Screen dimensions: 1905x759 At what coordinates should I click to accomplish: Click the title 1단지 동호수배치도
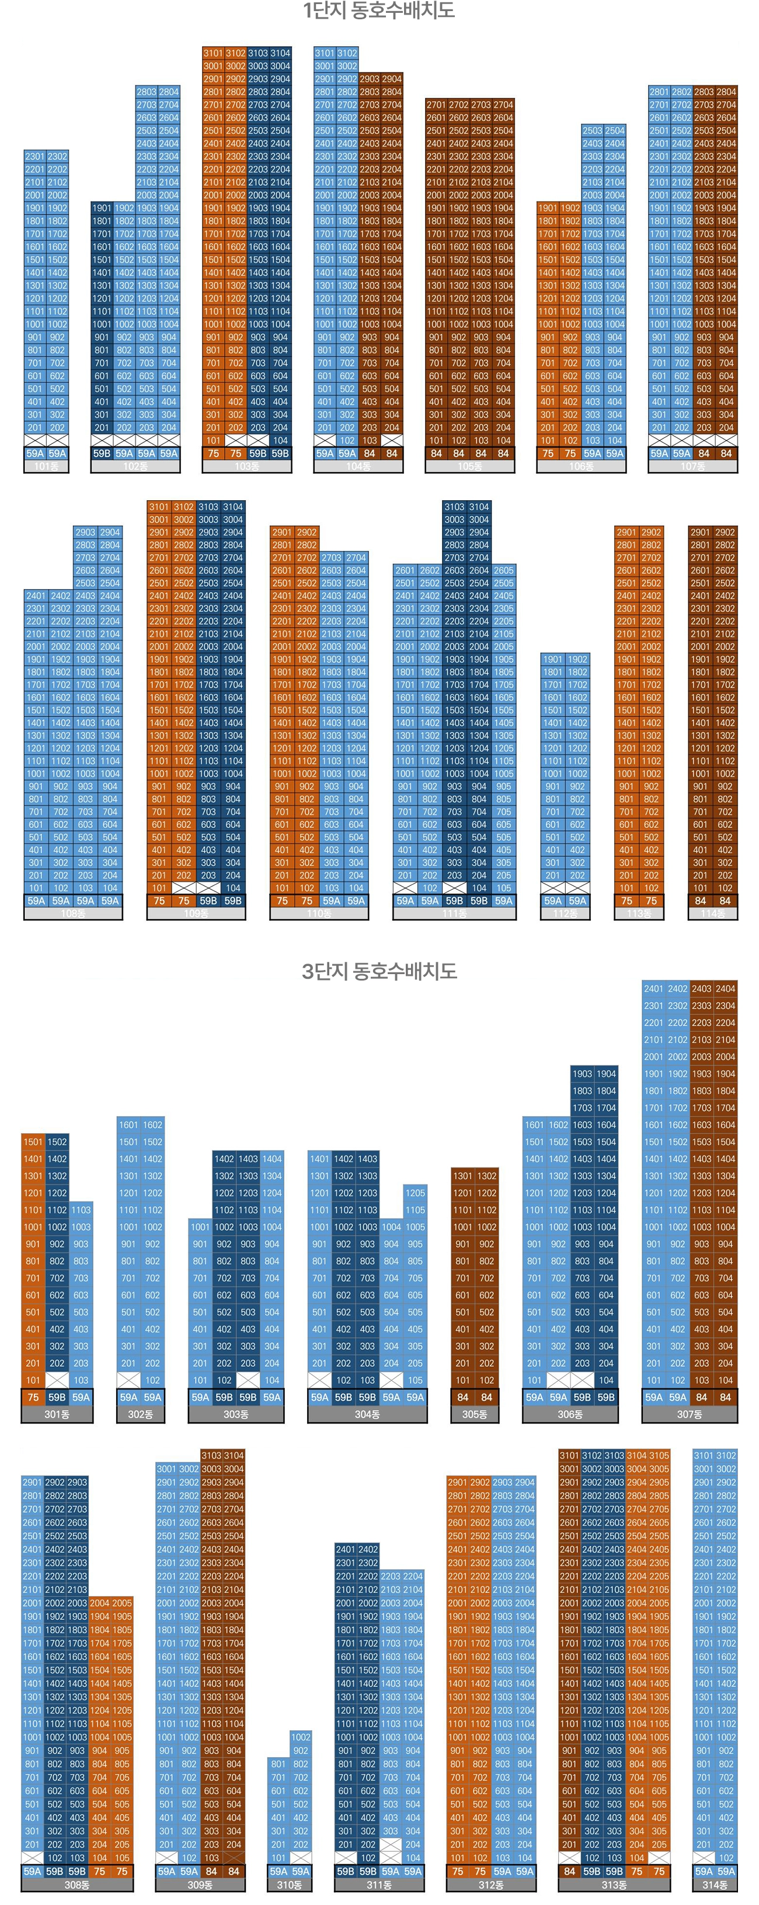pos(378,11)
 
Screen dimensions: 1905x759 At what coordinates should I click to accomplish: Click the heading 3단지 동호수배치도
pos(378,971)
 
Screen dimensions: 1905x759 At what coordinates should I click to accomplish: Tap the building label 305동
pos(475,1414)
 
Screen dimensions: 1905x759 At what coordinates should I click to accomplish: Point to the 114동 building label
pos(712,914)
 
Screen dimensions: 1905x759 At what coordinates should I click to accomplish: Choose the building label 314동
pos(715,1885)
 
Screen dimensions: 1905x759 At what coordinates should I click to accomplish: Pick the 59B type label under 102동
pos(102,453)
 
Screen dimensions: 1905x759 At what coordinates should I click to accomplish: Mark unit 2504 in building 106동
pos(615,131)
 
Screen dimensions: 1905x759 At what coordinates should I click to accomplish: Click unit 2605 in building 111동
pos(503,570)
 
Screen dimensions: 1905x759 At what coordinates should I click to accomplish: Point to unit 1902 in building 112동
pos(577,659)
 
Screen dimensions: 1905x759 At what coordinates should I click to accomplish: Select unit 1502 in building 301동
pos(57,1142)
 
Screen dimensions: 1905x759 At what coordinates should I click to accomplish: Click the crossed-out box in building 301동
pos(57,1380)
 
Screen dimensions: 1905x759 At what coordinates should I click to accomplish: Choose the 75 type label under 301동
pos(33,1397)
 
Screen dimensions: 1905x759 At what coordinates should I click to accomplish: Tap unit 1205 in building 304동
pos(415,1193)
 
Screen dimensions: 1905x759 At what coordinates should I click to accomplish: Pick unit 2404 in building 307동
pos(726,989)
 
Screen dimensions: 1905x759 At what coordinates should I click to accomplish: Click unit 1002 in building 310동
pos(300,1737)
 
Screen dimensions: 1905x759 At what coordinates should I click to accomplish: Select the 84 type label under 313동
pos(569,1871)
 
